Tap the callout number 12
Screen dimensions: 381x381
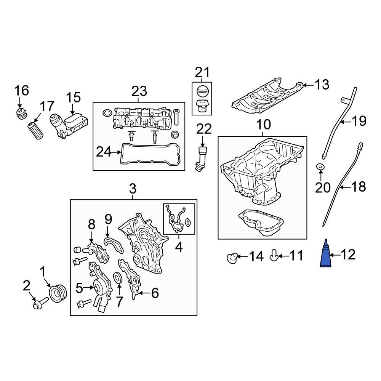tap(347, 255)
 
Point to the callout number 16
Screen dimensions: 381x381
tap(22, 91)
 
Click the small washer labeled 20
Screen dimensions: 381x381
tap(320, 166)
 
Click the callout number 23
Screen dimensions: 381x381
tap(139, 91)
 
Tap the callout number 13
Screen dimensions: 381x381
tap(322, 85)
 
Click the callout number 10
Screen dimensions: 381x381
tap(263, 125)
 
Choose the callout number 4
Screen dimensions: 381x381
tap(179, 248)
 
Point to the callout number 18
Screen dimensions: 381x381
tap(358, 187)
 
